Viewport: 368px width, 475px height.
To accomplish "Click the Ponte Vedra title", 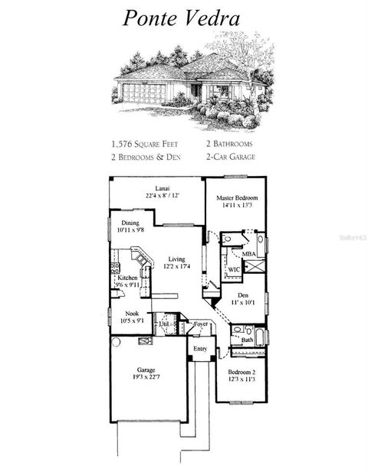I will [x=183, y=18].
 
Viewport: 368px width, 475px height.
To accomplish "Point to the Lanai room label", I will [x=162, y=188].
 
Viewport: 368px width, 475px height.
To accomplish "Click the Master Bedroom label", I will [x=235, y=198].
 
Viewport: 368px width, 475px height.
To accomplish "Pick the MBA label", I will [x=248, y=254].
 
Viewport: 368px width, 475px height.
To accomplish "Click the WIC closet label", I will [x=233, y=269].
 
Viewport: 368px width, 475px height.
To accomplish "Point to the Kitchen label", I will [x=127, y=278].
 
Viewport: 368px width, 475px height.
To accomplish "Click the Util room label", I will [x=163, y=325].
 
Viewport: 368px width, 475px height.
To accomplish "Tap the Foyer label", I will [x=200, y=324].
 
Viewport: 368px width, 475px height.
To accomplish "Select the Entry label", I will [x=200, y=349].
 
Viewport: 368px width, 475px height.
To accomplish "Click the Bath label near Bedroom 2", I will [x=247, y=339].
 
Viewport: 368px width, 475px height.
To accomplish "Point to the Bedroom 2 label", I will [x=242, y=373].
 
